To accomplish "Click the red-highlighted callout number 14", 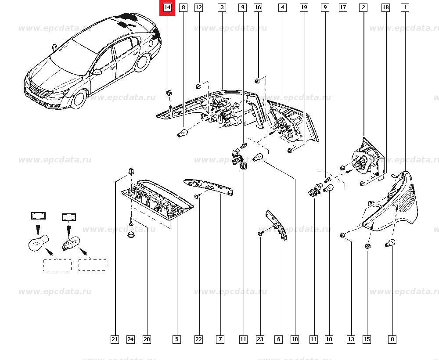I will (167, 8).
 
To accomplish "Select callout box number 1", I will (404, 7).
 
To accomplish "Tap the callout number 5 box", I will (176, 339).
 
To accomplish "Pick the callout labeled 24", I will (130, 339).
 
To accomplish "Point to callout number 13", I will (350, 339).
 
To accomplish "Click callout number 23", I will (260, 339).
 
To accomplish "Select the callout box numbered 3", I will (222, 7).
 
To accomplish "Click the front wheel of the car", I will (78, 100).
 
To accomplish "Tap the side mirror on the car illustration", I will (96, 72).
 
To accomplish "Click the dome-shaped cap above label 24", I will (130, 236).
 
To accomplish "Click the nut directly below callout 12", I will (198, 86).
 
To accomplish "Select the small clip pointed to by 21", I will (130, 170).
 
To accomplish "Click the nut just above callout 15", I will (368, 246).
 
